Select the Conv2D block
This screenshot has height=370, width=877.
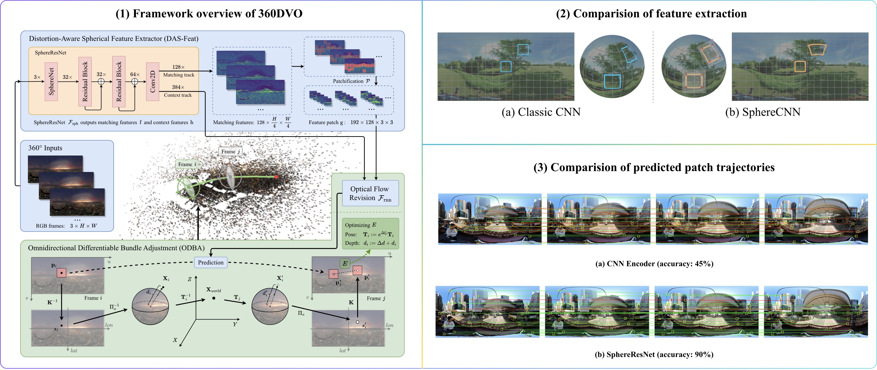coord(153,82)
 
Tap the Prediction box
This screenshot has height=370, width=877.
coord(211,263)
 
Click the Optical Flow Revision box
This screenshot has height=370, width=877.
coord(370,193)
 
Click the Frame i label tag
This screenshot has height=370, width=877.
coord(187,164)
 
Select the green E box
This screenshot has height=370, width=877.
coord(345,263)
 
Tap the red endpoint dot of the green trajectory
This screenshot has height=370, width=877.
coord(276,177)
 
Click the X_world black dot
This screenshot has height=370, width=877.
coord(214,298)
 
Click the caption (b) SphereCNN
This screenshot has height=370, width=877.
coord(763,112)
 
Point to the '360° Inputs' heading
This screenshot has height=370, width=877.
coord(45,148)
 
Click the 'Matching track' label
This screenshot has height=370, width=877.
coord(179,75)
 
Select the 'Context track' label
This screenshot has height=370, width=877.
coord(178,95)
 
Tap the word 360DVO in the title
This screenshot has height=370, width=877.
coord(280,14)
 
